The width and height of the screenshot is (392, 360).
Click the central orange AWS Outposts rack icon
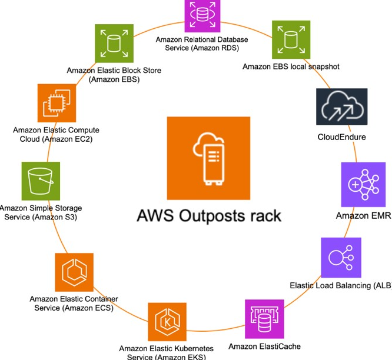click(208, 158)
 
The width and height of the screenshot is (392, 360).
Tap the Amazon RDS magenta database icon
click(202, 15)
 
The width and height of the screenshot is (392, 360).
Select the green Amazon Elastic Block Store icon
click(114, 43)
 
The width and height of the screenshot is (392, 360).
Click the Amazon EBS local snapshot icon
click(291, 40)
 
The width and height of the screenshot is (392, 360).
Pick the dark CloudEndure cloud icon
click(342, 106)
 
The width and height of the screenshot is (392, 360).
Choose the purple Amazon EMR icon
click(363, 185)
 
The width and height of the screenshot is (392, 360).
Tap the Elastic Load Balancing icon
click(341, 258)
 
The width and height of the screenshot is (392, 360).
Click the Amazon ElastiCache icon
click(264, 319)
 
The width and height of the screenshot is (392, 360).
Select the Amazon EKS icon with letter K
click(167, 322)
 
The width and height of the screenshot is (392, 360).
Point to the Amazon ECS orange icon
click(74, 272)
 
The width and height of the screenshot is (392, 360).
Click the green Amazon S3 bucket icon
click(41, 181)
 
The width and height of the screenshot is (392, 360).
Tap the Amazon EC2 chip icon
click(57, 103)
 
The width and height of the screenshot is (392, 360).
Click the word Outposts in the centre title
click(212, 216)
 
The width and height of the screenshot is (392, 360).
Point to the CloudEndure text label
click(341, 137)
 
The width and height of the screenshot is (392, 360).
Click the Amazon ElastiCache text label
click(264, 346)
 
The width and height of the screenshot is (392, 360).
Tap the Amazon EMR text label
click(364, 216)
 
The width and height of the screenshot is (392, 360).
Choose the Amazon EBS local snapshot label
click(291, 66)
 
